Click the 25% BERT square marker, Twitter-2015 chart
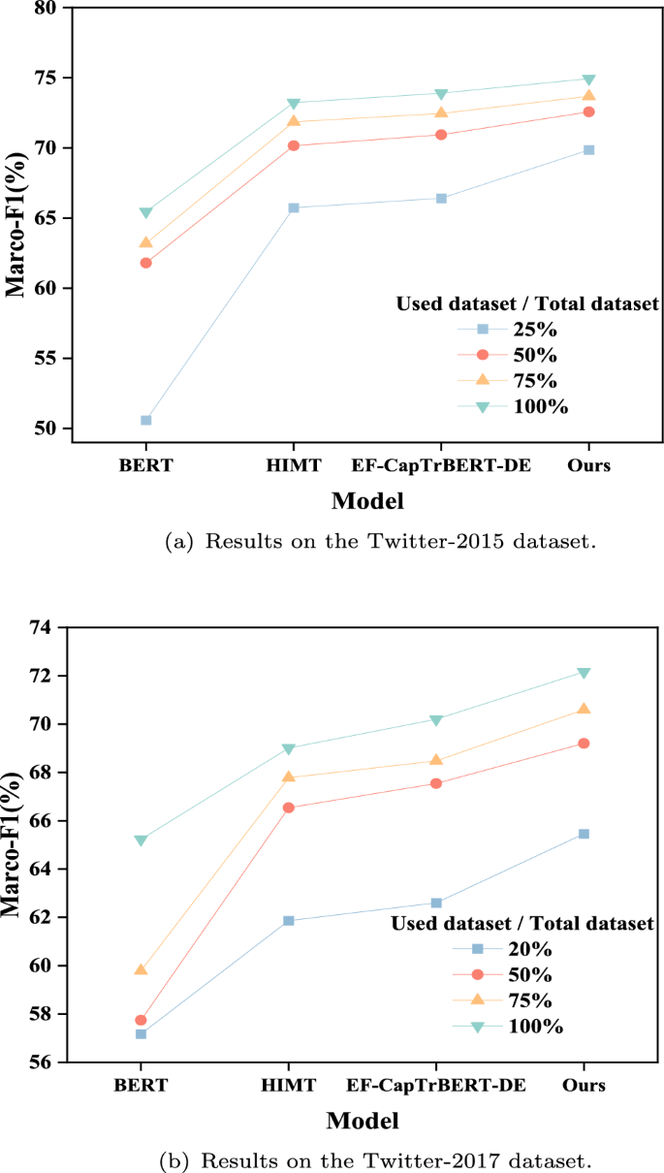point(145,420)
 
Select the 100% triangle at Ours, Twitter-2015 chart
point(588,79)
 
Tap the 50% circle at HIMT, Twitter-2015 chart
point(293,145)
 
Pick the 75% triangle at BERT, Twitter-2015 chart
point(145,242)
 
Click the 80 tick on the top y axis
point(46,8)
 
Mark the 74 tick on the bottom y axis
point(46,627)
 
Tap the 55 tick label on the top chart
point(46,359)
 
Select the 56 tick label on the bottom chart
point(46,1062)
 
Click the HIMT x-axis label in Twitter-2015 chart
point(293,464)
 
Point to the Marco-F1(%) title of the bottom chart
point(13,843)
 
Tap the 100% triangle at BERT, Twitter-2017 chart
point(141,840)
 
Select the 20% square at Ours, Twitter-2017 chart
point(584,834)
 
